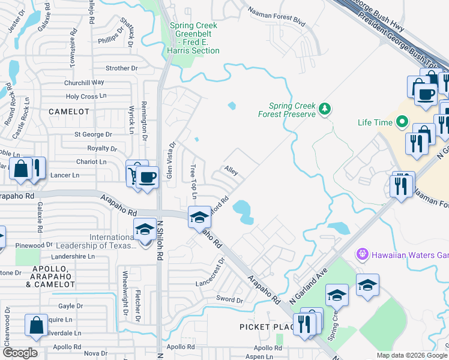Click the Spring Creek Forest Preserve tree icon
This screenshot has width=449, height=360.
point(325,108)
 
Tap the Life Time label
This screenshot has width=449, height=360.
point(375,122)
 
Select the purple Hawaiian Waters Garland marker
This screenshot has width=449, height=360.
point(361,254)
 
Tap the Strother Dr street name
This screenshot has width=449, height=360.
point(121,68)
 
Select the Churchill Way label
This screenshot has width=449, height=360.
point(85,82)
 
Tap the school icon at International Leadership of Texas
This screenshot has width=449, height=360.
point(145,231)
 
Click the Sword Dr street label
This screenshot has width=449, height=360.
point(231,299)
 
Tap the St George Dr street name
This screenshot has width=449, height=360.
point(93,135)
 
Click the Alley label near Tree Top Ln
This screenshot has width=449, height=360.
point(231,172)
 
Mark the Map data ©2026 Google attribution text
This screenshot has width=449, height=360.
point(411,355)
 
